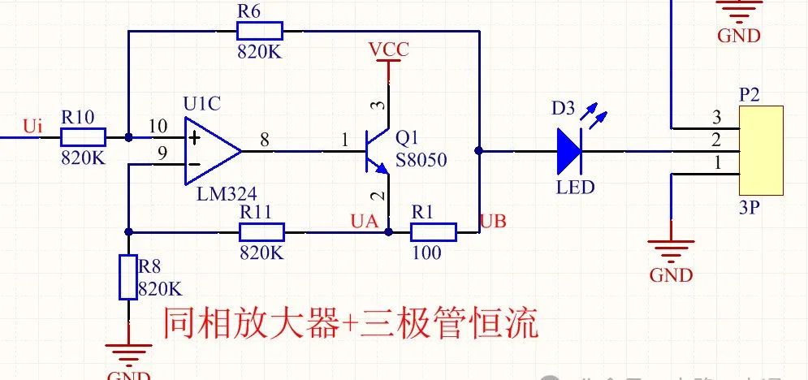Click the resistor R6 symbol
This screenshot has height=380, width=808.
(259, 32)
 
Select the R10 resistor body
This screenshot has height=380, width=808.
(82, 137)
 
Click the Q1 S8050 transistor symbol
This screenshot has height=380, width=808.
(375, 152)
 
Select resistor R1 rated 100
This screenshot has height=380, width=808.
(434, 232)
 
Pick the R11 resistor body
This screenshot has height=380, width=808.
(261, 232)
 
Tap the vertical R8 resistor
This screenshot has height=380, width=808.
(127, 276)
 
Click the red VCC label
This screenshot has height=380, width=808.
(389, 50)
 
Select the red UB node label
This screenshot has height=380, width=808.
(495, 221)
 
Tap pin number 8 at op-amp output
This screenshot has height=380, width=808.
(264, 139)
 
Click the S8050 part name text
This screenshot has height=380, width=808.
(421, 161)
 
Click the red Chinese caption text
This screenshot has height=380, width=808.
(351, 325)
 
